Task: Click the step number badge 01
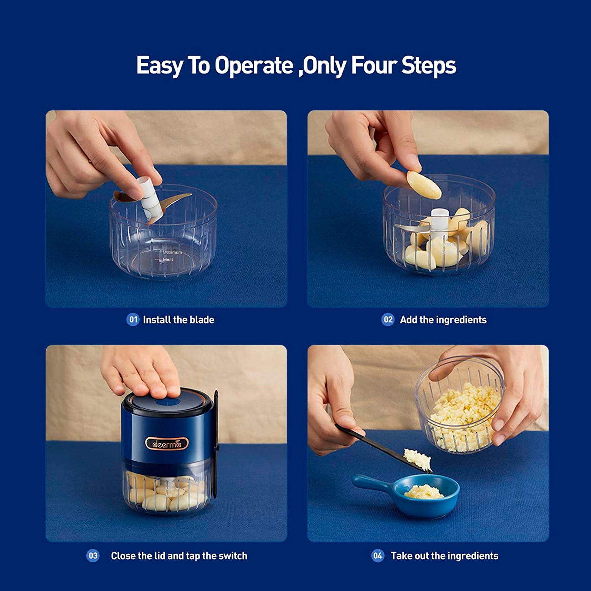click(133, 320)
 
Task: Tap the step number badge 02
click(388, 320)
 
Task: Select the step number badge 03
click(93, 556)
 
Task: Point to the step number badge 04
click(378, 556)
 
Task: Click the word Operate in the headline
click(254, 66)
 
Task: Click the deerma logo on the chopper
click(167, 444)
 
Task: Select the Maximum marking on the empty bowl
click(172, 252)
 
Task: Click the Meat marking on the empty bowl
click(168, 260)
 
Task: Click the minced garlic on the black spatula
click(418, 459)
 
